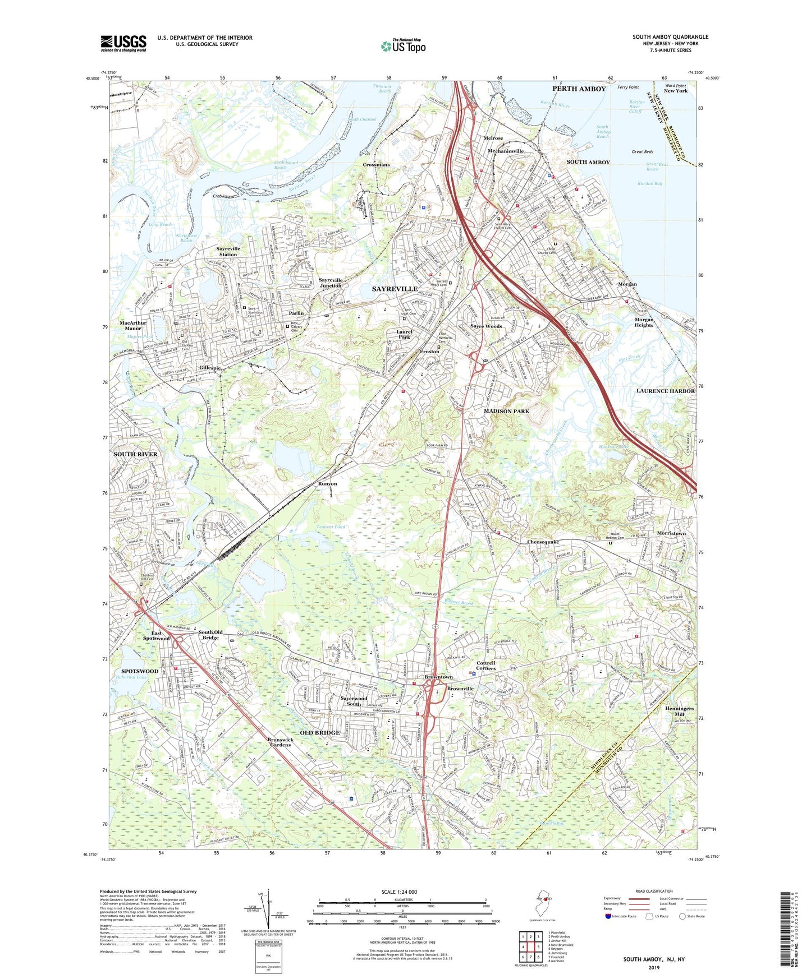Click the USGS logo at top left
pos(123,43)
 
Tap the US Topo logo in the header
pos(402,46)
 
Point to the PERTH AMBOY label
pos(579,89)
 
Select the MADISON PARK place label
pos(506,411)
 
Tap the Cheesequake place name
pos(543,542)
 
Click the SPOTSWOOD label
pos(140,671)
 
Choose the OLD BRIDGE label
pos(319,733)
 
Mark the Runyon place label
pos(328,483)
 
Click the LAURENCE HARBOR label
pos(665,391)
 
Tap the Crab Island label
pos(223,197)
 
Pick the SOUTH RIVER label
pos(135,454)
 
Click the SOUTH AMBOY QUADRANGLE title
pos(670,37)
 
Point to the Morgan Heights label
pos(644,322)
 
